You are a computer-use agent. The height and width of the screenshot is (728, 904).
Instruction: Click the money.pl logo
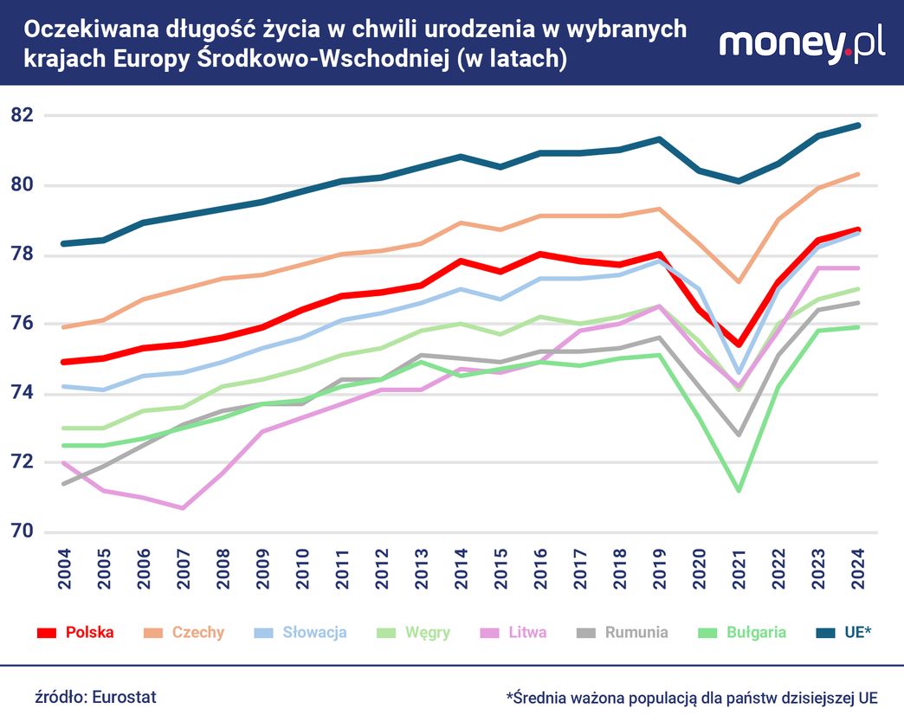802,44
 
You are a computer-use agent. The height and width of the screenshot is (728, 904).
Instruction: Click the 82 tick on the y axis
23,115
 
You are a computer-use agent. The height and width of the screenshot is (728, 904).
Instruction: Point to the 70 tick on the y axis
23,532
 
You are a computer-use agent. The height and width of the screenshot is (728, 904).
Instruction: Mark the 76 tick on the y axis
23,324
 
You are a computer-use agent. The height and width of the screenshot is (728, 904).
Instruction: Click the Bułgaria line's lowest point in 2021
738,491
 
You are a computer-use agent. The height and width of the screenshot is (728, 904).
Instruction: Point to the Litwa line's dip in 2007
184,507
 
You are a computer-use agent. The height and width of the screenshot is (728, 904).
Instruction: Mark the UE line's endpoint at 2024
857,126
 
